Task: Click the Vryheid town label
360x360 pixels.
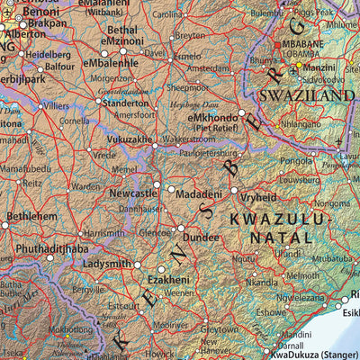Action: point(258,195)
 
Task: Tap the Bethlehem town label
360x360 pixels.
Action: point(31,217)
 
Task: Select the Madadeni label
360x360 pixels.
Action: point(201,195)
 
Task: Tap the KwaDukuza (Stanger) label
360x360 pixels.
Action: point(306,354)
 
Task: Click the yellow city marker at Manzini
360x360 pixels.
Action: point(300,65)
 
